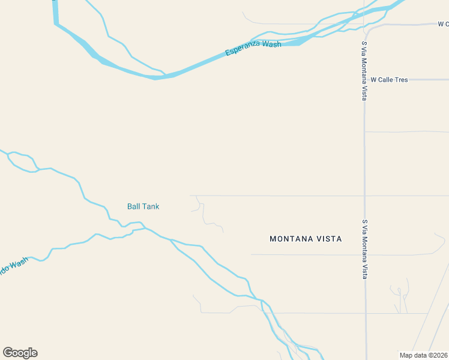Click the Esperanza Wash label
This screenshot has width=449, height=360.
point(253,49)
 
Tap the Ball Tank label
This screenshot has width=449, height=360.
point(143,206)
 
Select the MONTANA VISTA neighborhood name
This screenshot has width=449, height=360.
point(306,239)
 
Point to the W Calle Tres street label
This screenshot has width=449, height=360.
point(389,79)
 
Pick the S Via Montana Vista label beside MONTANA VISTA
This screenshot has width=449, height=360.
point(364,248)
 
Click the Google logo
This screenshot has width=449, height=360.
point(20,353)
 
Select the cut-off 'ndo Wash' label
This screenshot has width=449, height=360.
point(13,266)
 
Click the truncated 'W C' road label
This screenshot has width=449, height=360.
point(443,24)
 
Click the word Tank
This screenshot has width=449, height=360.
point(151,206)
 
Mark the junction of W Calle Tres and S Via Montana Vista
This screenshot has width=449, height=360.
point(364,79)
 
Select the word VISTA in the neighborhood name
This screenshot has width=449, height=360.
point(330,239)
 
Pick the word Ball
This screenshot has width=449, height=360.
point(133,206)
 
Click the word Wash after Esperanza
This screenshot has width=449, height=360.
point(272,45)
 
